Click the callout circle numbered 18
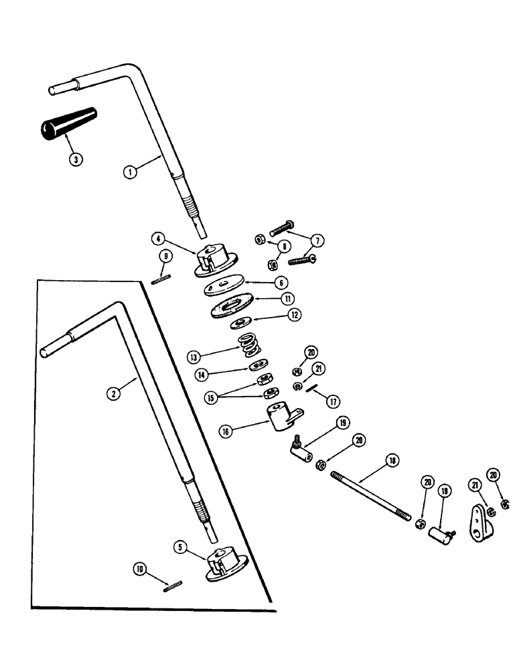[x=392, y=460]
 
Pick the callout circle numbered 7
[x=315, y=239]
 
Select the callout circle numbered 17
[x=333, y=403]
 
